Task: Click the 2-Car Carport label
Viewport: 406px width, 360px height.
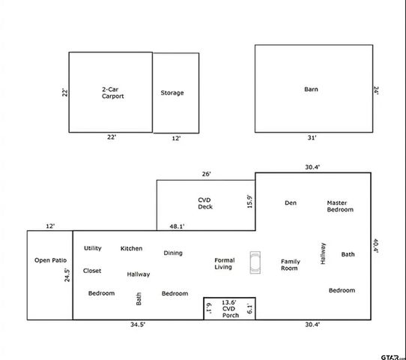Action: (x=112, y=93)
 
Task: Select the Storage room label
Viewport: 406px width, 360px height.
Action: (x=172, y=93)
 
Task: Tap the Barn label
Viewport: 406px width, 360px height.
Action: (x=311, y=89)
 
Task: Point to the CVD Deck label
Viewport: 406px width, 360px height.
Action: (x=204, y=203)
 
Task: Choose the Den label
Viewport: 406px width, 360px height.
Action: (x=291, y=202)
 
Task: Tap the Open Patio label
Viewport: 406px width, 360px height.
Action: (x=50, y=260)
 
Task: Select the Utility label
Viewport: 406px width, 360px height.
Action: (x=93, y=248)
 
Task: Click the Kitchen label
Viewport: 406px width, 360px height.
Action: (x=131, y=248)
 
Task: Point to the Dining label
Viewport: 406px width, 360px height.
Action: (x=173, y=253)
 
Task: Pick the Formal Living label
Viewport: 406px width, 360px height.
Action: (x=224, y=263)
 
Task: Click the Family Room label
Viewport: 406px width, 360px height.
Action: (x=290, y=265)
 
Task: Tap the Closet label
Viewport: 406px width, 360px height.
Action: (x=92, y=271)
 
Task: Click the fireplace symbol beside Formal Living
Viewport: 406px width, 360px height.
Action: (x=256, y=262)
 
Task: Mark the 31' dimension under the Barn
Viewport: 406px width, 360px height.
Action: (x=311, y=138)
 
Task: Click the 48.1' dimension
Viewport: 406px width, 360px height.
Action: (x=177, y=226)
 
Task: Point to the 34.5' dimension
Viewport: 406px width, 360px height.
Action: (x=137, y=325)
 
